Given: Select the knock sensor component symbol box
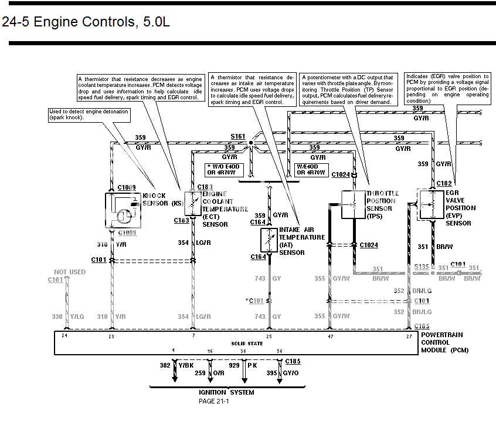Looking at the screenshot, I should [124, 210].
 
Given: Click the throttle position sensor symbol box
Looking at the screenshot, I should [353, 204].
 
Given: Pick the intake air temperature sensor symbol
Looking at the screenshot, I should [269, 240].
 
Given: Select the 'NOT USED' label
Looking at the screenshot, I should [70, 272].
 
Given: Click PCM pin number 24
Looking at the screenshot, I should [65, 336].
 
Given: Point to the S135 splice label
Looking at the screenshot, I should [422, 266].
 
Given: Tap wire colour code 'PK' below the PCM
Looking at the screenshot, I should [252, 365].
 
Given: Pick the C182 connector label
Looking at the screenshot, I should [444, 184].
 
